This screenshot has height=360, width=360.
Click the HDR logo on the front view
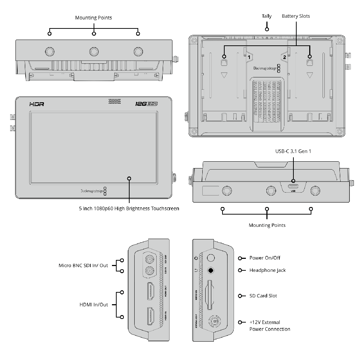37,104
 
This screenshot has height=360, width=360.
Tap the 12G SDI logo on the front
147,104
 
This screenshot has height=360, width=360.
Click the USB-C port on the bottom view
293,186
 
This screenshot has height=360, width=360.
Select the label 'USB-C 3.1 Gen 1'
293,152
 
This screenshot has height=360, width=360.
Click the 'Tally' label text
267,16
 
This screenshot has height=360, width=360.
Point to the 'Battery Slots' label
296,16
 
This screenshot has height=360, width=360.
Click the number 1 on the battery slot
249,57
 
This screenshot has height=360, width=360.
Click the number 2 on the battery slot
284,57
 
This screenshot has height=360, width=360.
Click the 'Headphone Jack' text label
267,270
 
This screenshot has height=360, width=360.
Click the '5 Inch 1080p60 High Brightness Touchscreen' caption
129,208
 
